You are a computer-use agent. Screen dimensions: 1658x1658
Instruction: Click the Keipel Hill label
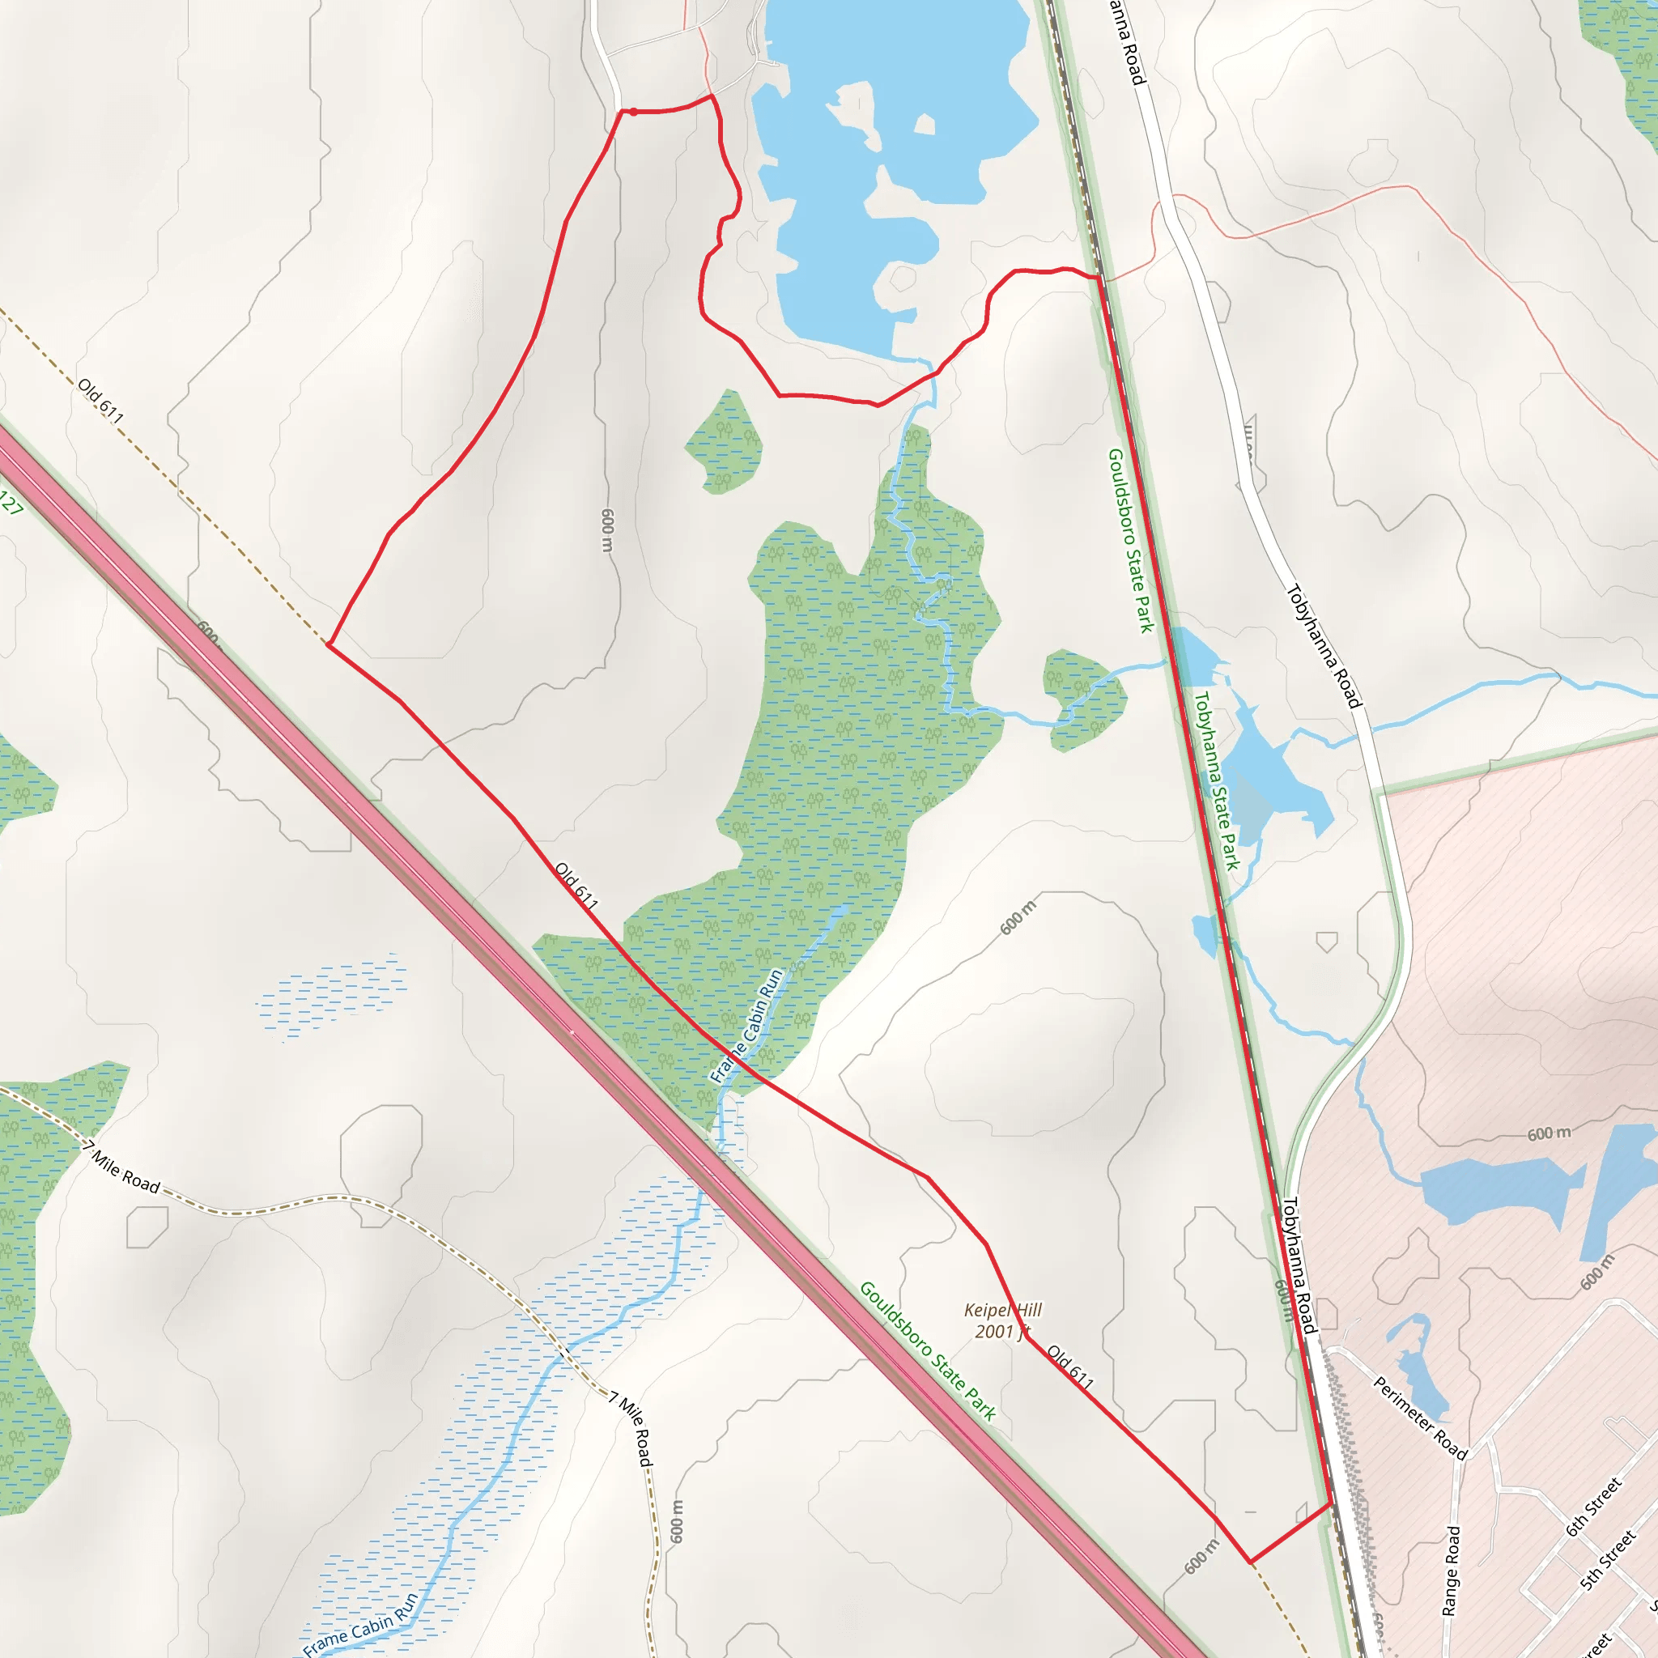pyautogui.click(x=1002, y=1310)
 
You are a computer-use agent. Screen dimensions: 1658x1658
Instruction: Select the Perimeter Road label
pyautogui.click(x=1419, y=1417)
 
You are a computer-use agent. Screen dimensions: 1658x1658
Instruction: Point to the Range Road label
pyautogui.click(x=1450, y=1571)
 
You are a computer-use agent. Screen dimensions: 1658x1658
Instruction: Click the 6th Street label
pyautogui.click(x=1593, y=1507)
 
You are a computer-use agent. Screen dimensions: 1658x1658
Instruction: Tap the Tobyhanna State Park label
pyautogui.click(x=1217, y=781)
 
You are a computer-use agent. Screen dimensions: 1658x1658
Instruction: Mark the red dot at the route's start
pyautogui.click(x=632, y=112)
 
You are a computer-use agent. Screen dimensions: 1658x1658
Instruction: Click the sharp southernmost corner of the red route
pyautogui.click(x=1249, y=1562)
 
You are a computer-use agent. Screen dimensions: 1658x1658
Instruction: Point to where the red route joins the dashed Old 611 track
pyautogui.click(x=328, y=644)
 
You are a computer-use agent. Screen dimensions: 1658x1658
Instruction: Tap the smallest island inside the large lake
pyautogui.click(x=925, y=125)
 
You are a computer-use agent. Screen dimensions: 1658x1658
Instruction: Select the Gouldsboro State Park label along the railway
pyautogui.click(x=1130, y=541)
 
